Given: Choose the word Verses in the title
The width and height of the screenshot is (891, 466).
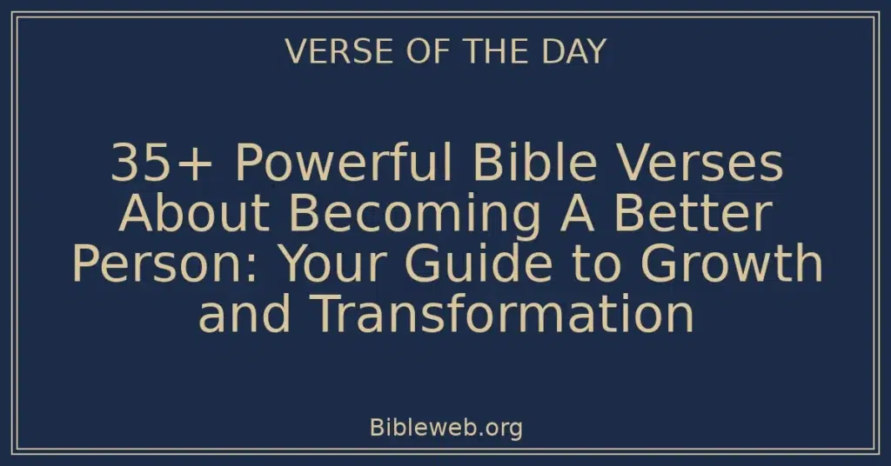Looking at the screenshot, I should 686,165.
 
